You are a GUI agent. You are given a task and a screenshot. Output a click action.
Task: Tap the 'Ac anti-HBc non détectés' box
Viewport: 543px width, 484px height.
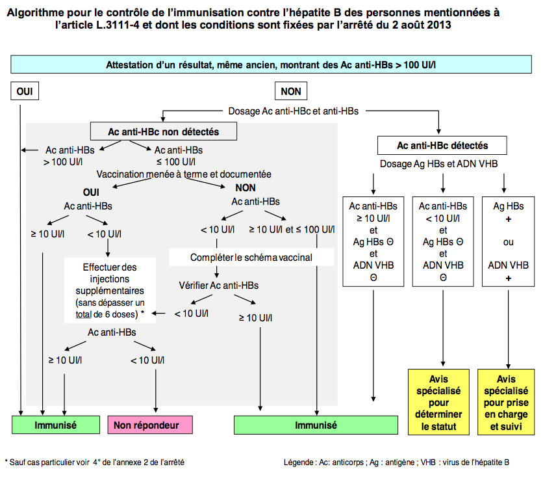(163, 131)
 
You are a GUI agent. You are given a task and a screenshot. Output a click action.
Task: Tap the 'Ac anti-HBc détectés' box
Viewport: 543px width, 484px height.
(442, 145)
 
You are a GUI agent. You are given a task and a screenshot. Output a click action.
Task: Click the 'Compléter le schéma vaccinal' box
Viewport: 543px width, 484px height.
(251, 257)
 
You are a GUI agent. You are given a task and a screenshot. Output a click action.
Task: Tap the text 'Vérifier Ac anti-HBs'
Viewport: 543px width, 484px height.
(218, 285)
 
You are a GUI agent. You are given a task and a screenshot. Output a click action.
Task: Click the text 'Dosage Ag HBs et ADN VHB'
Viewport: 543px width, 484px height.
(439, 165)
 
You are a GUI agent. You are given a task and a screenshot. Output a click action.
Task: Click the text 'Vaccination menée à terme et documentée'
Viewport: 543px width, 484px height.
(184, 174)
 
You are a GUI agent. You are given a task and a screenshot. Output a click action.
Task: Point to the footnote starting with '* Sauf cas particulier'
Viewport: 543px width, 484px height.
(94, 463)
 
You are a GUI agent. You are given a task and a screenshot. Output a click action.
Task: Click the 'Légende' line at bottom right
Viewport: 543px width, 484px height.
(396, 463)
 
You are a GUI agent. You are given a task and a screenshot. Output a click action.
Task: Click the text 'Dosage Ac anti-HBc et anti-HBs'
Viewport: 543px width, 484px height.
(294, 111)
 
